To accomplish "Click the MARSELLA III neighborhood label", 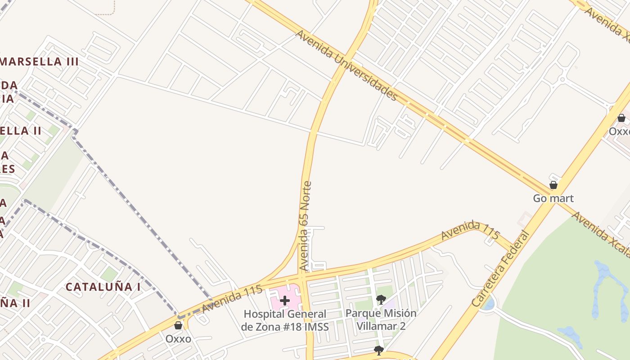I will coord(39,62).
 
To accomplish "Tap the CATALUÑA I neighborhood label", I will coord(103,287).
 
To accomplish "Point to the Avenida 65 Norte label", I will coord(305,226).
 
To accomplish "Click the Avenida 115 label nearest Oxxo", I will coord(232,299).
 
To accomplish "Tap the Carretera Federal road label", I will coord(500,269).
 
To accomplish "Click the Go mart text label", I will coord(553,198).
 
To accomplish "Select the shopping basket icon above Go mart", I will coord(553,185).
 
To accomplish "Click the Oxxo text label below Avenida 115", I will coord(178,338).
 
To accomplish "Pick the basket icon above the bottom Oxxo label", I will coord(178,325).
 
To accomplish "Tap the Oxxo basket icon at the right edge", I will coord(621,118).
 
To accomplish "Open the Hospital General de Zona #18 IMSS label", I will coord(284,320).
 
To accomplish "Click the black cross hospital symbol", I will coord(284,301).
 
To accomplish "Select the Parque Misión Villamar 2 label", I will coord(381,319).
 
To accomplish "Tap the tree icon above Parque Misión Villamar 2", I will coord(381,299).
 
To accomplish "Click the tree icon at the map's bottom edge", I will coord(378,350).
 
